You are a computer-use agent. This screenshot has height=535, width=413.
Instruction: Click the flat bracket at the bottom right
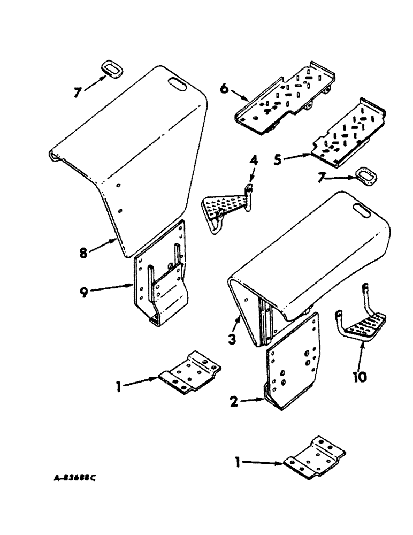[x=315, y=459]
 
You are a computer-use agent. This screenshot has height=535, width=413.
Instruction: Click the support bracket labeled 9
[x=160, y=278]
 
